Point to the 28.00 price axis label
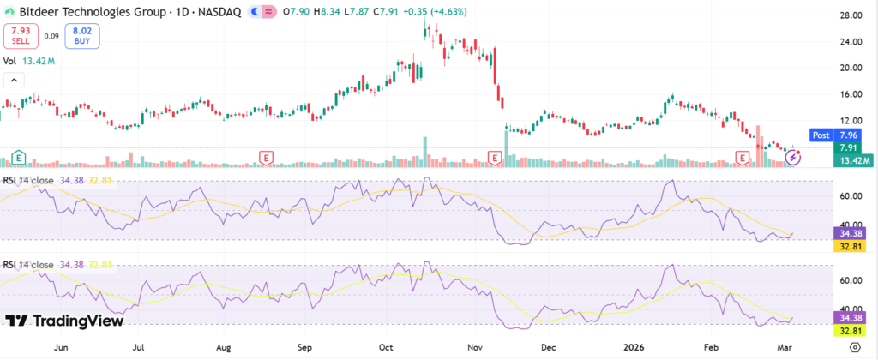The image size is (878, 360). tap(850, 16)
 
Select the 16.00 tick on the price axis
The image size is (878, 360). tap(850, 94)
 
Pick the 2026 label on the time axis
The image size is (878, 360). tap(634, 348)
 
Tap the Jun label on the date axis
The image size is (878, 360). tap(61, 348)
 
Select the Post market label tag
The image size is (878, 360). tap(819, 135)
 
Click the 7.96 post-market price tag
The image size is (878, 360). tap(849, 135)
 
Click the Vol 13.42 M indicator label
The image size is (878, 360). tap(29, 61)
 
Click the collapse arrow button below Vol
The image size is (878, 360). tap(15, 81)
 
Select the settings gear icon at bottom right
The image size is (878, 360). tap(853, 347)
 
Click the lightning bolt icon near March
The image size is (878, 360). tap(795, 158)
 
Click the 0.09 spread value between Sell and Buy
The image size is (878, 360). tap(51, 36)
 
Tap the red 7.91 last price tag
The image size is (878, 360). tap(850, 147)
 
